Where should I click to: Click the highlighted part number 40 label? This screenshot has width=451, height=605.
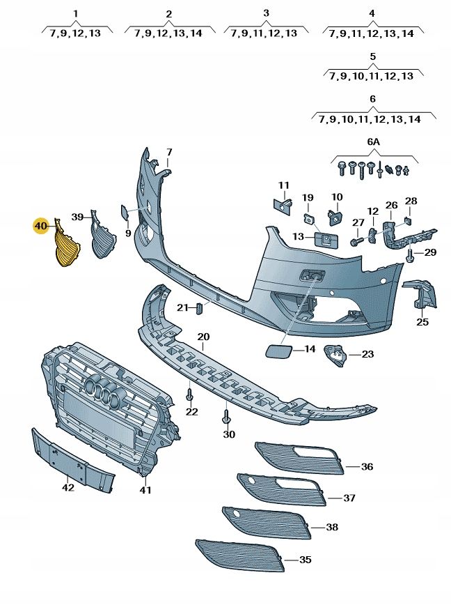pyautogui.click(x=40, y=226)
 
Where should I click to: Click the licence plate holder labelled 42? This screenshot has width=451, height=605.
pyautogui.click(x=72, y=459)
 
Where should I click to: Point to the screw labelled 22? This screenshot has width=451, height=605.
pyautogui.click(x=189, y=396)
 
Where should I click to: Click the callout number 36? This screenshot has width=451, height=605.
pyautogui.click(x=367, y=466)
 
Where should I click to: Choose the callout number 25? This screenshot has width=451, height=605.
pyautogui.click(x=422, y=321)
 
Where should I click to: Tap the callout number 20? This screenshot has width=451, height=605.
pyautogui.click(x=203, y=337)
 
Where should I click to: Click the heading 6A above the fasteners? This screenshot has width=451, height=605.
pyautogui.click(x=374, y=141)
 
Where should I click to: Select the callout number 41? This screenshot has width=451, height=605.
pyautogui.click(x=145, y=490)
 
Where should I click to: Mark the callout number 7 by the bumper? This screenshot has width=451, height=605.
pyautogui.click(x=168, y=152)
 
